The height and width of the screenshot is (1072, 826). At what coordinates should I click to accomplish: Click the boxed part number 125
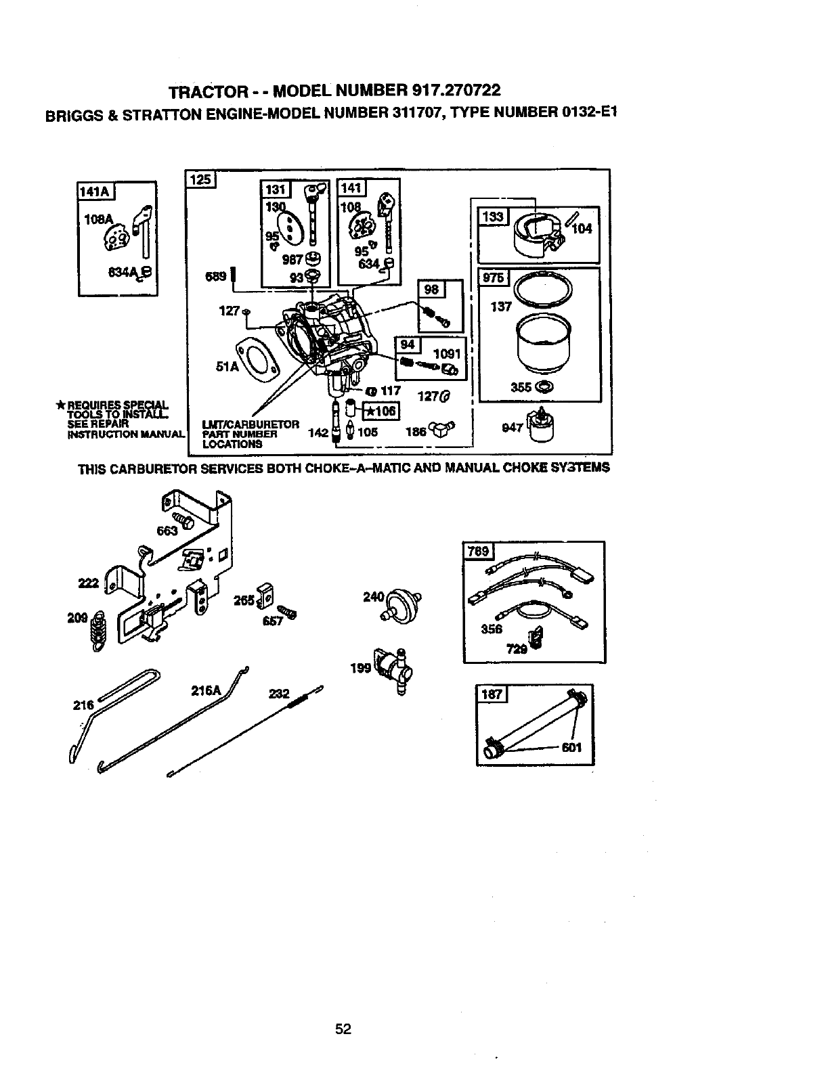tap(200, 179)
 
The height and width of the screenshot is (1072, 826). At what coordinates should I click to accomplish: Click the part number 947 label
tap(513, 428)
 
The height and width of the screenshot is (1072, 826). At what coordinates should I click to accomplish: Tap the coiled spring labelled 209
tap(99, 631)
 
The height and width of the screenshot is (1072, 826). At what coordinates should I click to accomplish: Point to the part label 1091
tap(446, 353)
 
